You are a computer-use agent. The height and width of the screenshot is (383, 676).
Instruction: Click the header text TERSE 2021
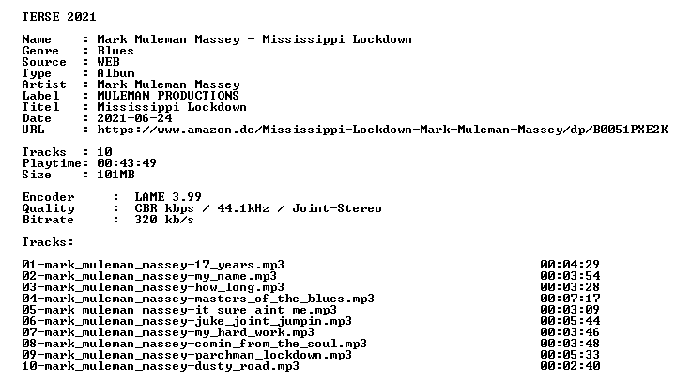(x=59, y=17)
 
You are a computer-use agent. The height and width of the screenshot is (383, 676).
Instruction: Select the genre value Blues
(x=115, y=51)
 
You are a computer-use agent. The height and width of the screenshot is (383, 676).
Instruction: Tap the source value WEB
(x=108, y=62)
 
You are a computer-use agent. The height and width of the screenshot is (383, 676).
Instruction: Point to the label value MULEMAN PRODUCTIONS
(x=168, y=96)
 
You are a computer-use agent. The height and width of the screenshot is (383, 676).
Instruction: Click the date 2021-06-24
(x=134, y=118)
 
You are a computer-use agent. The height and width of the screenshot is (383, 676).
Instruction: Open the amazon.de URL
(x=382, y=130)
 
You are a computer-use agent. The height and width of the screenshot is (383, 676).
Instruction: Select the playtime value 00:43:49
(x=127, y=163)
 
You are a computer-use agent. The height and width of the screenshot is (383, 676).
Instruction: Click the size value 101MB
(x=115, y=175)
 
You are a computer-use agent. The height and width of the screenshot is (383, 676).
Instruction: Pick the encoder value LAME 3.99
(x=168, y=197)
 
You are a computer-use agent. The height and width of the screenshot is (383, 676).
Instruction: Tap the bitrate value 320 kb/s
(x=164, y=220)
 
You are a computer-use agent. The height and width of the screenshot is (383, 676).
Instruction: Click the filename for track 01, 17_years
(x=153, y=265)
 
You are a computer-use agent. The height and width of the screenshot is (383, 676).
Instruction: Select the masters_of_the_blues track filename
(x=198, y=299)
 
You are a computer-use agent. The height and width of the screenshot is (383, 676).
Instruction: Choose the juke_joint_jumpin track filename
(x=187, y=321)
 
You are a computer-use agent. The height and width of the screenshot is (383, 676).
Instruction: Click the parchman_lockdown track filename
(x=187, y=355)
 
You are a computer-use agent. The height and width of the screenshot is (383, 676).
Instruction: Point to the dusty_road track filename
(x=161, y=366)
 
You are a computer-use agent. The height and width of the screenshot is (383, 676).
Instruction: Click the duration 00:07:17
(x=570, y=299)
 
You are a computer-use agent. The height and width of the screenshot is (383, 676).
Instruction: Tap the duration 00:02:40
(x=570, y=366)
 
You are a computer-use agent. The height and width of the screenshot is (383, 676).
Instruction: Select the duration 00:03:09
(x=570, y=310)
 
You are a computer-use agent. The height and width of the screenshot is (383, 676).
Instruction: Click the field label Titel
(x=40, y=107)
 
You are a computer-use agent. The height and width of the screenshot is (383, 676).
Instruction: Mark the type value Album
(x=115, y=73)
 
